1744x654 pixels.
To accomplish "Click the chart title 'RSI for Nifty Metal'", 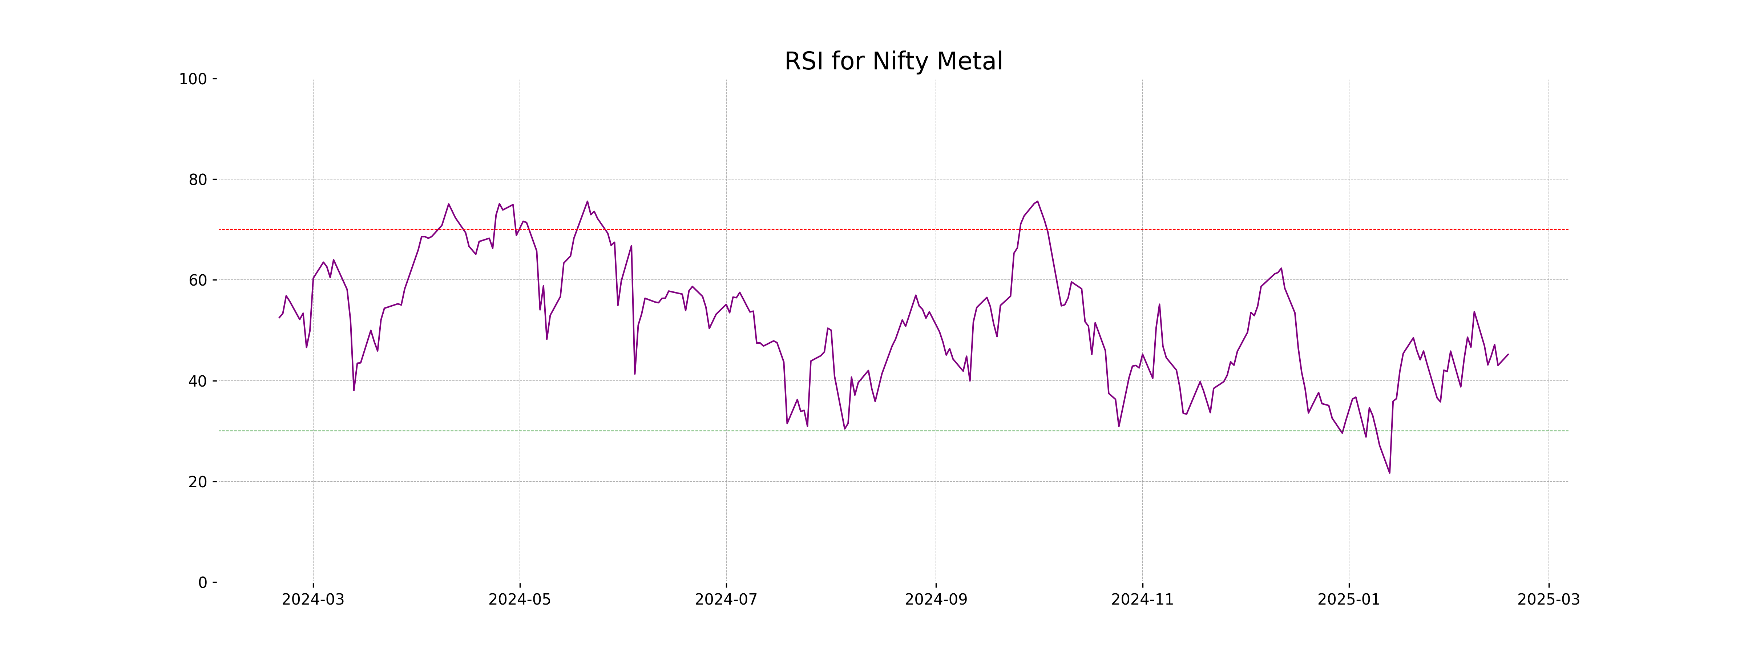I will click(x=893, y=62).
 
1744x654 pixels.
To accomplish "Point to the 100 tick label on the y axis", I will click(x=193, y=79).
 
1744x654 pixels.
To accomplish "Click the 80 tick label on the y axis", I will click(x=198, y=180).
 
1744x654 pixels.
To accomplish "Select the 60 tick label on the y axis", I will click(x=198, y=280).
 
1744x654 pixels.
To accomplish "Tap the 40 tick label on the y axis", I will click(x=198, y=381).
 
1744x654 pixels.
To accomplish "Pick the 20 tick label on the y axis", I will click(x=198, y=482).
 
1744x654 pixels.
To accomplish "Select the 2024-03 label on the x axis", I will click(x=313, y=600).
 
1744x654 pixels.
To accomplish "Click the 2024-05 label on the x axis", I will click(x=520, y=600).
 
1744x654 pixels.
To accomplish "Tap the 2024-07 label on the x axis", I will click(x=726, y=600).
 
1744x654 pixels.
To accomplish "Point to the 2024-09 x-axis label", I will click(x=936, y=600).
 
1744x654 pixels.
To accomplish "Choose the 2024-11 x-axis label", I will click(x=1143, y=600).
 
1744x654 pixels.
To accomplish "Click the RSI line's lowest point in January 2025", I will click(x=1389, y=473).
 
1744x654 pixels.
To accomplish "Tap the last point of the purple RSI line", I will click(x=1508, y=354).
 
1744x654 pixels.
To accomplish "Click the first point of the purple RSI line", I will click(x=279, y=318).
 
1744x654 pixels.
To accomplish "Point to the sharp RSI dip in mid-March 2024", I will click(x=354, y=390).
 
